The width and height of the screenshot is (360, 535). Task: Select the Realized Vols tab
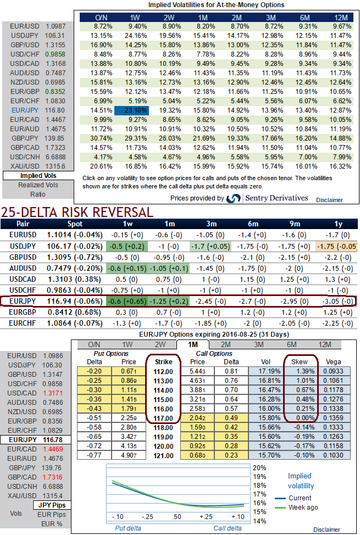pyautogui.click(x=38, y=185)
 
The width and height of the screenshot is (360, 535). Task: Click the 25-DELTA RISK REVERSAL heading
pyautogui.click(x=77, y=211)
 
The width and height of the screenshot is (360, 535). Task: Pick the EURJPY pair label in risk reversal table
pyautogui.click(x=23, y=301)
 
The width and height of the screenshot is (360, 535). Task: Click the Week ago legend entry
pyautogui.click(x=302, y=507)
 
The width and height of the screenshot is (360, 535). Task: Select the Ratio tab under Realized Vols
pyautogui.click(x=38, y=194)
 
